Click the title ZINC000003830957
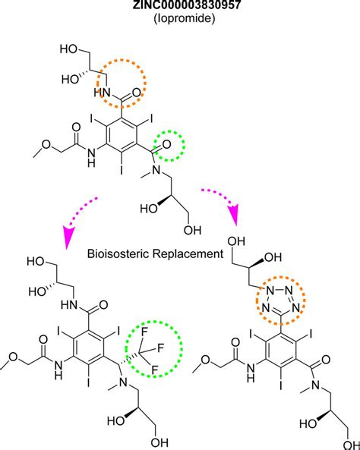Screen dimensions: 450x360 click(180, 7)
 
